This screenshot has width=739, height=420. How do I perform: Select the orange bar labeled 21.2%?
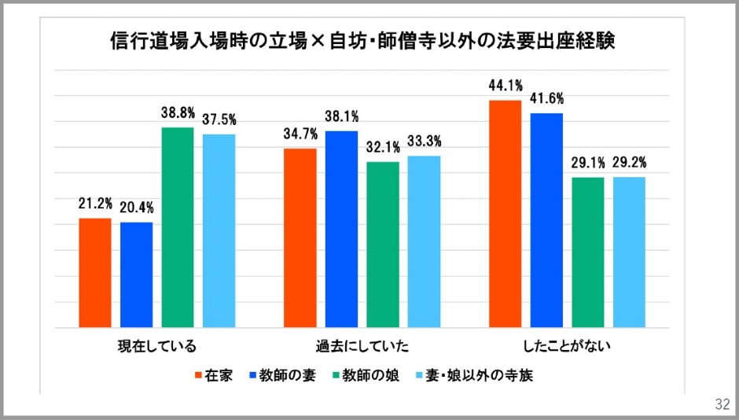tap(95, 272)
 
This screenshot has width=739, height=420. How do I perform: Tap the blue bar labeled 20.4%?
tap(136, 274)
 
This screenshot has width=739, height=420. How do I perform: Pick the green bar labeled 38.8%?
tap(178, 227)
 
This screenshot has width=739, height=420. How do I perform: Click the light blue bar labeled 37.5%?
tap(219, 230)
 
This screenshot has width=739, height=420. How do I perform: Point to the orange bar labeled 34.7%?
tap(300, 238)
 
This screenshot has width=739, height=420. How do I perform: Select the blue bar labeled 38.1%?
tap(342, 229)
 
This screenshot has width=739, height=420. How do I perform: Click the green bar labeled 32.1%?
tap(383, 244)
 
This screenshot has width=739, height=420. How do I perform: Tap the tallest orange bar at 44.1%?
tap(506, 213)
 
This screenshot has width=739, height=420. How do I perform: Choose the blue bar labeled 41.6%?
tap(546, 220)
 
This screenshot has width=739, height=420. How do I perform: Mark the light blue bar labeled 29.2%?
tap(629, 252)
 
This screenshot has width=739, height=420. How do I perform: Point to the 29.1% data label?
tap(588, 164)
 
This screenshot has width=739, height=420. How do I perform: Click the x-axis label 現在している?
tap(156, 345)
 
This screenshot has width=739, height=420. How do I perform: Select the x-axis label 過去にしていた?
tap(362, 345)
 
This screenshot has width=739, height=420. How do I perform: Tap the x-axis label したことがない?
tap(567, 345)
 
